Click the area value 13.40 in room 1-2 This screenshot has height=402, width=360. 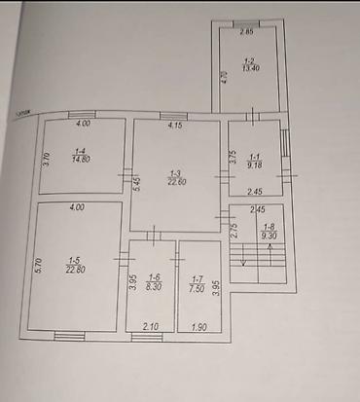click(x=250, y=68)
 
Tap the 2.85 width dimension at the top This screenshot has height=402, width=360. click(x=248, y=32)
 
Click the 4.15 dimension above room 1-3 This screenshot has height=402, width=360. click(x=176, y=127)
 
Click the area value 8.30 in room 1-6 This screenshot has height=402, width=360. click(x=152, y=287)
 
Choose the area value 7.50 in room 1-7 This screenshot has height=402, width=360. click(x=198, y=287)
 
